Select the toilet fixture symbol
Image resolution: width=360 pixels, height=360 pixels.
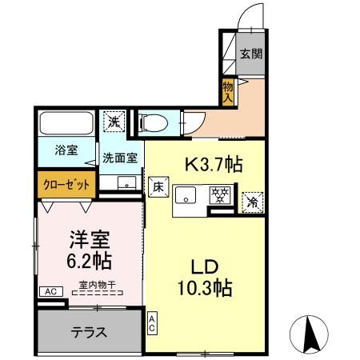[152, 122]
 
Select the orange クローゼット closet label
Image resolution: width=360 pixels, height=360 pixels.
[66, 183]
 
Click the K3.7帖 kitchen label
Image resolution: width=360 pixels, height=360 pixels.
[214, 165]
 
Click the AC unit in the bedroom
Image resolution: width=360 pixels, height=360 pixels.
[50, 292]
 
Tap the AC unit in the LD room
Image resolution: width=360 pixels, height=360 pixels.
[152, 323]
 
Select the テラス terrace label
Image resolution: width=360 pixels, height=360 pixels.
[90, 332]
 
